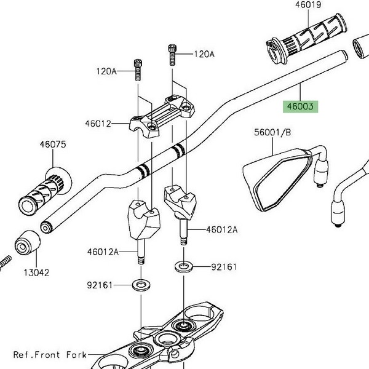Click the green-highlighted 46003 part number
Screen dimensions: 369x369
point(300,106)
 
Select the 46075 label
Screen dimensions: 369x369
point(53,145)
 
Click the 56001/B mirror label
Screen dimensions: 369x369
point(272,132)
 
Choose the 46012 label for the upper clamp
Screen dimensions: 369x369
point(98,124)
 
